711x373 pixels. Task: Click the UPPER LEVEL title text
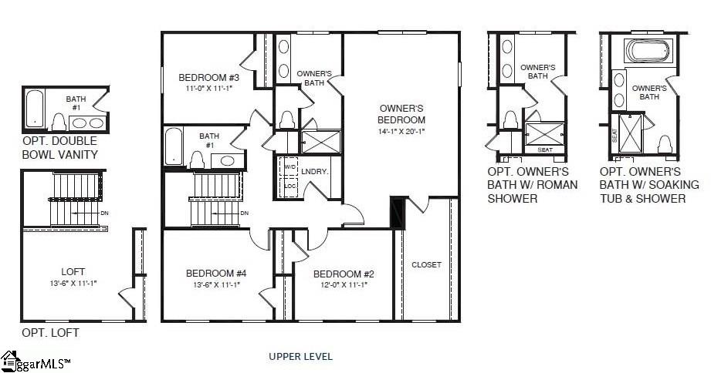[300, 356]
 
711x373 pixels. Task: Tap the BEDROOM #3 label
[208, 78]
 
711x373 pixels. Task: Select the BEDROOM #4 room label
[216, 274]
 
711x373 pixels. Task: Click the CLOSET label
[426, 264]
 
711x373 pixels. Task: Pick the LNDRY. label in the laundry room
[315, 172]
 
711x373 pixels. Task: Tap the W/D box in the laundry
[289, 166]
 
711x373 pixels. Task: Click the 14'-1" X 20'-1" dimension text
[401, 131]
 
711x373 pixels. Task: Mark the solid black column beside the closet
[397, 213]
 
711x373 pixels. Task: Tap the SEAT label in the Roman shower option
[544, 150]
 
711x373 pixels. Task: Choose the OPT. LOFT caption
[50, 333]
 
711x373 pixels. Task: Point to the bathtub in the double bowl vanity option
[34, 109]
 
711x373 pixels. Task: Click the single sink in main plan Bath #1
[225, 160]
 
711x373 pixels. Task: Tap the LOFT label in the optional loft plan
[73, 271]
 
